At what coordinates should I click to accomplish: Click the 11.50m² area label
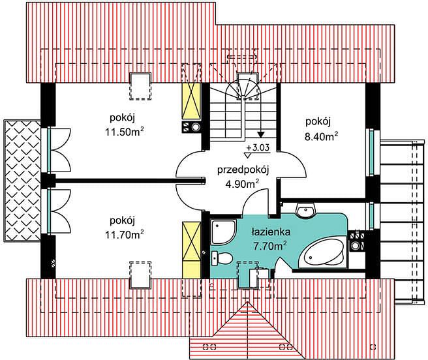coord(125,132)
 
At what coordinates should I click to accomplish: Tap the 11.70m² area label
coord(125,234)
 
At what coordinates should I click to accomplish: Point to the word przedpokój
coord(243,171)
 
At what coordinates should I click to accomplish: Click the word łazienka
coord(267,232)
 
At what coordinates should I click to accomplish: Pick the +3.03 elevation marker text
coord(258,147)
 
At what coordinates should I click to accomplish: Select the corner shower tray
coord(222,233)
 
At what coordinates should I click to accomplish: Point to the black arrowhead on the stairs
coord(261,134)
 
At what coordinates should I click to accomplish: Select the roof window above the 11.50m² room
coord(140,86)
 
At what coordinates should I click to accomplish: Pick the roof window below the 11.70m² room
coord(140,275)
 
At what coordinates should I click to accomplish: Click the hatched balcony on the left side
coord(22,181)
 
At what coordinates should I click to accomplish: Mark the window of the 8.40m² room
coord(373,152)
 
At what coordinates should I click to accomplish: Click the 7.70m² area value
coord(269,247)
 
